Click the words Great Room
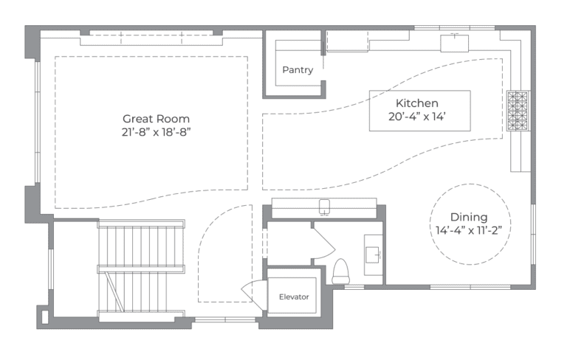(156, 118)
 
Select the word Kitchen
(417, 103)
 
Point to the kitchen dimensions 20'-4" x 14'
(418, 117)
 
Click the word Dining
(470, 217)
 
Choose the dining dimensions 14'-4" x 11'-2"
(470, 229)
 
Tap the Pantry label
(298, 70)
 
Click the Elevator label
(293, 297)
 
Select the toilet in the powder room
(340, 271)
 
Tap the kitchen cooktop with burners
(519, 111)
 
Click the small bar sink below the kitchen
(324, 205)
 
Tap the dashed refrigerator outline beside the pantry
(347, 41)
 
